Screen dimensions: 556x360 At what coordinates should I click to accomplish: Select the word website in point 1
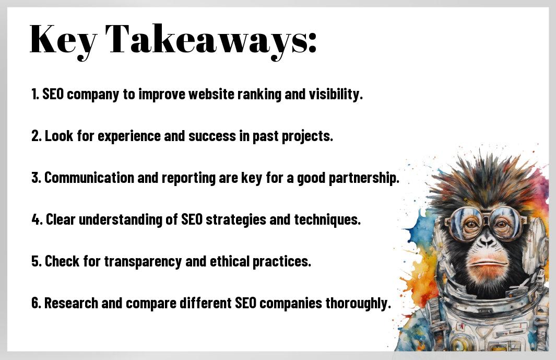tap(211, 94)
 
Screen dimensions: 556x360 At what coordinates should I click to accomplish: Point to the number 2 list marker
tap(36, 136)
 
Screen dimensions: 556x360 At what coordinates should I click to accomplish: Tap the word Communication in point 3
tap(89, 178)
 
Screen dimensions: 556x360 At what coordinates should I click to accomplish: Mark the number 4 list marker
tap(36, 219)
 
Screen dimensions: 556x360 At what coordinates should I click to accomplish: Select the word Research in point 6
tap(71, 303)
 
